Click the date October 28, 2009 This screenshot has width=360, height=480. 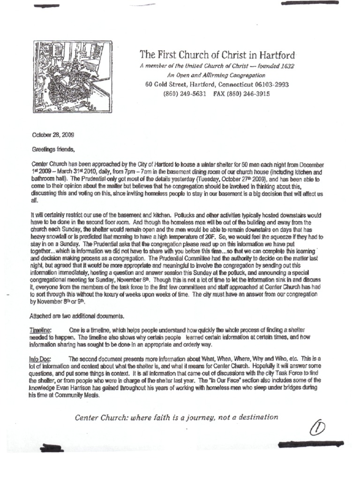tap(52, 135)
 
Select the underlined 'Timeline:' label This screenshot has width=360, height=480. tap(41, 330)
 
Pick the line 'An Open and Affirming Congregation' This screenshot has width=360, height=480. tap(216, 75)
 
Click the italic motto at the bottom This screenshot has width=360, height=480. tap(176, 417)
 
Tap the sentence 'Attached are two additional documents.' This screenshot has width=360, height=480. tap(76, 316)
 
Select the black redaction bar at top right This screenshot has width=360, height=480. tap(316, 3)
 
